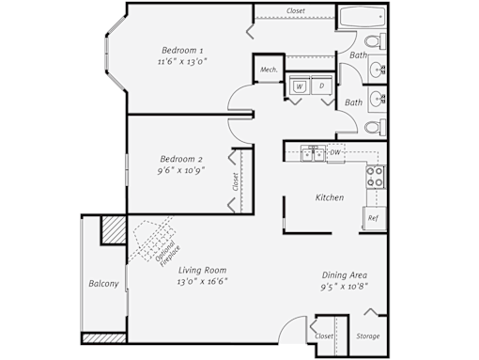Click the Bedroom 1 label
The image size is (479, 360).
[x=182, y=50]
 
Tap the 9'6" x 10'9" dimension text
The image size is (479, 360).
[x=181, y=171]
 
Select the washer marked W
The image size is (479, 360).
[x=300, y=86]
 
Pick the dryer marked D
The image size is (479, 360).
[x=322, y=86]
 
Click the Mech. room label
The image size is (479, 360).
[x=269, y=70]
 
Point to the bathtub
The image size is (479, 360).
[x=363, y=17]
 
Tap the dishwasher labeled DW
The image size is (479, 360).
[x=335, y=153]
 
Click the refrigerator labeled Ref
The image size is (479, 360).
[x=375, y=218]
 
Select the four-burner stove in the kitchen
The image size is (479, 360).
[x=376, y=177]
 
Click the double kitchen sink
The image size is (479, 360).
[x=314, y=153]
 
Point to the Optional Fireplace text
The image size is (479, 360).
[x=167, y=253]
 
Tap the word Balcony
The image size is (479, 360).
[x=103, y=284]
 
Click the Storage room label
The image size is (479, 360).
[x=368, y=337]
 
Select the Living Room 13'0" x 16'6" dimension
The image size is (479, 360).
[x=202, y=281]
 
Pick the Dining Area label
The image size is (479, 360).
[x=345, y=275]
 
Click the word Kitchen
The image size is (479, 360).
[x=330, y=197]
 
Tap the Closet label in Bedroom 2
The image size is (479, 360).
[x=236, y=181]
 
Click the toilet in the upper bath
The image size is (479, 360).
[x=375, y=41]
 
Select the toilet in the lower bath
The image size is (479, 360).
[x=375, y=128]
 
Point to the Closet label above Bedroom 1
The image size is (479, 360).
[x=296, y=10]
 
